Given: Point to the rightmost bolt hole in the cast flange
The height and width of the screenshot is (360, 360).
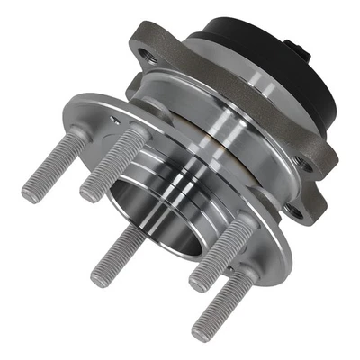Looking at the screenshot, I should [309, 166].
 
